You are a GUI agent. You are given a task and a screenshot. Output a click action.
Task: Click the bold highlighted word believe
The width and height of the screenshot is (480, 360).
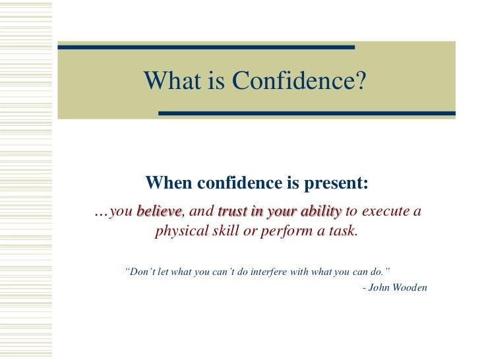(x=159, y=212)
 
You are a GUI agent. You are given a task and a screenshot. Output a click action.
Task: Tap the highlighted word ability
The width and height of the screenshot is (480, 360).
(x=319, y=212)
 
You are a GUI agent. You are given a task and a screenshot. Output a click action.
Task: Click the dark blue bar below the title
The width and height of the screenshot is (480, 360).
(x=307, y=113)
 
